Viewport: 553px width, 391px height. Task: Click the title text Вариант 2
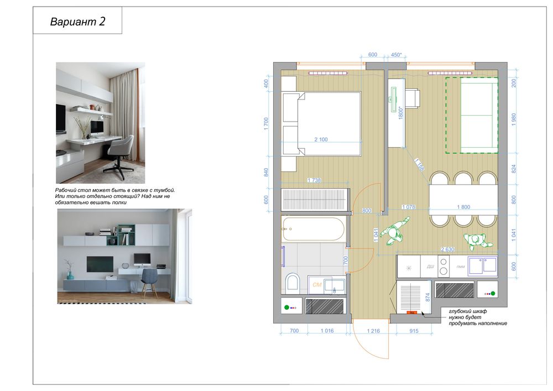[77, 22]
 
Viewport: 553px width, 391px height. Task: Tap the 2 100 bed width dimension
[321, 139]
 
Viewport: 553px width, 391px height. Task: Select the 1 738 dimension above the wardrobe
[314, 180]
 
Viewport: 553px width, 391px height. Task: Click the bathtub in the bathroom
[313, 228]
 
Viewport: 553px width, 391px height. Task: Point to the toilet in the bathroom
[293, 282]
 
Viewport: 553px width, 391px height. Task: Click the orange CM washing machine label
[317, 284]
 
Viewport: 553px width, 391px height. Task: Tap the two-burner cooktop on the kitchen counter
[444, 267]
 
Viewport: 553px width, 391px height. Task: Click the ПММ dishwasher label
[461, 267]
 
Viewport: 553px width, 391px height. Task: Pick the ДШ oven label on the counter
[430, 267]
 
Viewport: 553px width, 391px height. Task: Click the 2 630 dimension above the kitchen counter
[447, 249]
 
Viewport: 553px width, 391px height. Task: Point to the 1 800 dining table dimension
[463, 207]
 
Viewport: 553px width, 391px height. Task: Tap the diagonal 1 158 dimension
[419, 165]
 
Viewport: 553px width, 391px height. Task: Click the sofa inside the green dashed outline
[479, 115]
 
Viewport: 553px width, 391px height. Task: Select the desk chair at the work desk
[412, 98]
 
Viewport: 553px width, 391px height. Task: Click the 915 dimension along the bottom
[414, 331]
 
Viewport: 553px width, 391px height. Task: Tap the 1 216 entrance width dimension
[373, 331]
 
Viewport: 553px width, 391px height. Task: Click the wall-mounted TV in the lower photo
[100, 264]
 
